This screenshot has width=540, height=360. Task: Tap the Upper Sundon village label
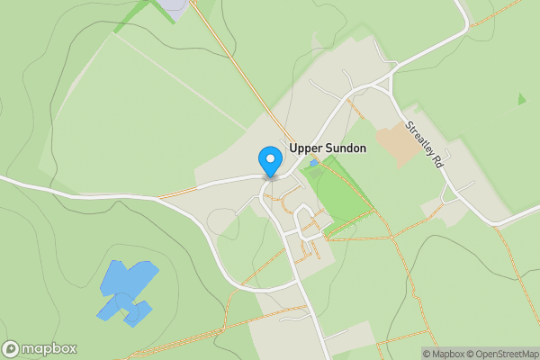click(x=328, y=148)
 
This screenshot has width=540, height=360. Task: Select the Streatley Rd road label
click(x=426, y=146)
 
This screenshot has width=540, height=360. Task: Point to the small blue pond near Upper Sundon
click(x=312, y=164)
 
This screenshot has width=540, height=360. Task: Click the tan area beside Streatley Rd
click(x=397, y=142)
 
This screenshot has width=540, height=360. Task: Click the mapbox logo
click(x=40, y=348)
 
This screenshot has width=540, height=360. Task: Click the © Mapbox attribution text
click(x=443, y=354)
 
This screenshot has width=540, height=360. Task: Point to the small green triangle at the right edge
click(x=521, y=99)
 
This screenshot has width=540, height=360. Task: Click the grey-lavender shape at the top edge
click(x=174, y=5)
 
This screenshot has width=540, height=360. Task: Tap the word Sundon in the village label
click(x=345, y=148)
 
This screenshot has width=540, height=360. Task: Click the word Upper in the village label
click(x=305, y=148)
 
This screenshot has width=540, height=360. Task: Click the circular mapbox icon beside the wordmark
click(x=12, y=348)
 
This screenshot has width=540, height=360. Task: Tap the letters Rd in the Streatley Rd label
click(x=440, y=162)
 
